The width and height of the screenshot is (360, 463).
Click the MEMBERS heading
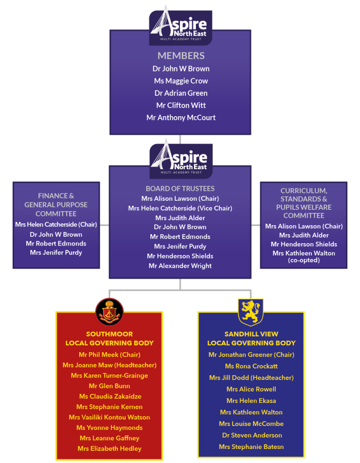click(x=181, y=56)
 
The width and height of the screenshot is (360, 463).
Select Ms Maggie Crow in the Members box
click(x=181, y=81)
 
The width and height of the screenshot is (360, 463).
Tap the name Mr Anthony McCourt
click(x=181, y=118)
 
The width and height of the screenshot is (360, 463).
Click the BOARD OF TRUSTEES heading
click(x=180, y=189)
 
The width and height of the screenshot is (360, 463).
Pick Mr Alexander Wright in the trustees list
click(x=180, y=266)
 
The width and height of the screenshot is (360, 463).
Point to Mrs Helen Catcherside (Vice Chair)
click(x=180, y=208)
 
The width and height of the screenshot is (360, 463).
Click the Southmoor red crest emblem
click(x=109, y=312)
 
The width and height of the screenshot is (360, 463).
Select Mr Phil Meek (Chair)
click(x=109, y=354)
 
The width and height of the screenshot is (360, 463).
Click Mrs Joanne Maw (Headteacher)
click(x=109, y=365)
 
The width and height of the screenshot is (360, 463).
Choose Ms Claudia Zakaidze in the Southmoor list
click(x=110, y=396)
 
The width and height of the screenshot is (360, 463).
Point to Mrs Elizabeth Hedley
click(x=109, y=449)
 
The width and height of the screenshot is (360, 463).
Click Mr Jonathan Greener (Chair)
click(x=251, y=354)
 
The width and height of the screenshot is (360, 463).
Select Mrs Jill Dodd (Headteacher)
click(x=251, y=378)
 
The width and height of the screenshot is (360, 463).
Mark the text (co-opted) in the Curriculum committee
click(x=303, y=260)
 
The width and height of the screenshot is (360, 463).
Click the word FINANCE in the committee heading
click(x=50, y=196)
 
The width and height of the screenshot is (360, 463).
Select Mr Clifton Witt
click(x=181, y=105)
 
